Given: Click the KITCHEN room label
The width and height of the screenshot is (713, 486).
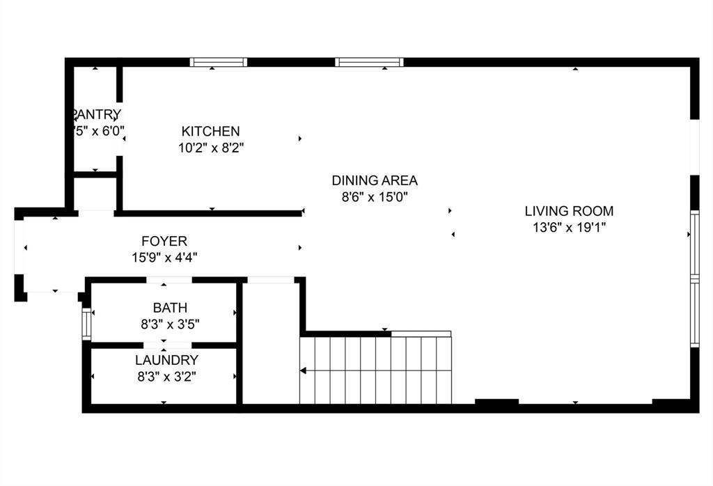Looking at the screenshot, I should coord(210,131).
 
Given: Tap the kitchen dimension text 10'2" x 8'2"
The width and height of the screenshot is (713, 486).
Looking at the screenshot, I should coord(210,148).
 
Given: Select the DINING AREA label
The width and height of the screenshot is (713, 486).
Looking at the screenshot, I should coord(374,180).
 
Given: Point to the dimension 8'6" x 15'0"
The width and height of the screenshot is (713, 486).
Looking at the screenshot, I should coord(374,197).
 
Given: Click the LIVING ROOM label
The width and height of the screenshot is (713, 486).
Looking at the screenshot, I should coord(569,210).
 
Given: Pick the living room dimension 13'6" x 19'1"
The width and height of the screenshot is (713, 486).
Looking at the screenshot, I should coord(569,227).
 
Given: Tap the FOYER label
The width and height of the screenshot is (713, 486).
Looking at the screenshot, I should coord(164,242).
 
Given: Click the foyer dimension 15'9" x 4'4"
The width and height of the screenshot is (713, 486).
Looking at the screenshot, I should coord(164,258).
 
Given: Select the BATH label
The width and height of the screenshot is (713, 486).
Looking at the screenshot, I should coord(170,307).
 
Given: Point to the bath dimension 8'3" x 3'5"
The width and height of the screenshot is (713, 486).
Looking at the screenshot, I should coord(170,323).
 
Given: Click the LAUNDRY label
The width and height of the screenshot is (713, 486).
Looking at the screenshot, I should coord(166,360).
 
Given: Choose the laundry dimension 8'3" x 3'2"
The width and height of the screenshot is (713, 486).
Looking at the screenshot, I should coord(166,377).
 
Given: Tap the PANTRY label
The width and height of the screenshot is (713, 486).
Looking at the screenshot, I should coord(97,114).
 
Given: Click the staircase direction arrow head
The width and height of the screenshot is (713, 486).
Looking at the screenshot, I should coord(303,371).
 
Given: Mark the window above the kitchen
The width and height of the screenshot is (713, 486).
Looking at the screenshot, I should coord(219,62).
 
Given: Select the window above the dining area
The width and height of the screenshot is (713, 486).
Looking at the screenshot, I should coord(369,62).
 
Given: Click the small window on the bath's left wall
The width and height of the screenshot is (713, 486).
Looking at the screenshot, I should coord(87,324).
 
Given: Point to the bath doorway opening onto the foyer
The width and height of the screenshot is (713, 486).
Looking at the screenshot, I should coord(169,280).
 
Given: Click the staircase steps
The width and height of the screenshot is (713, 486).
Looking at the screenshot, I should coord(376,370).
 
